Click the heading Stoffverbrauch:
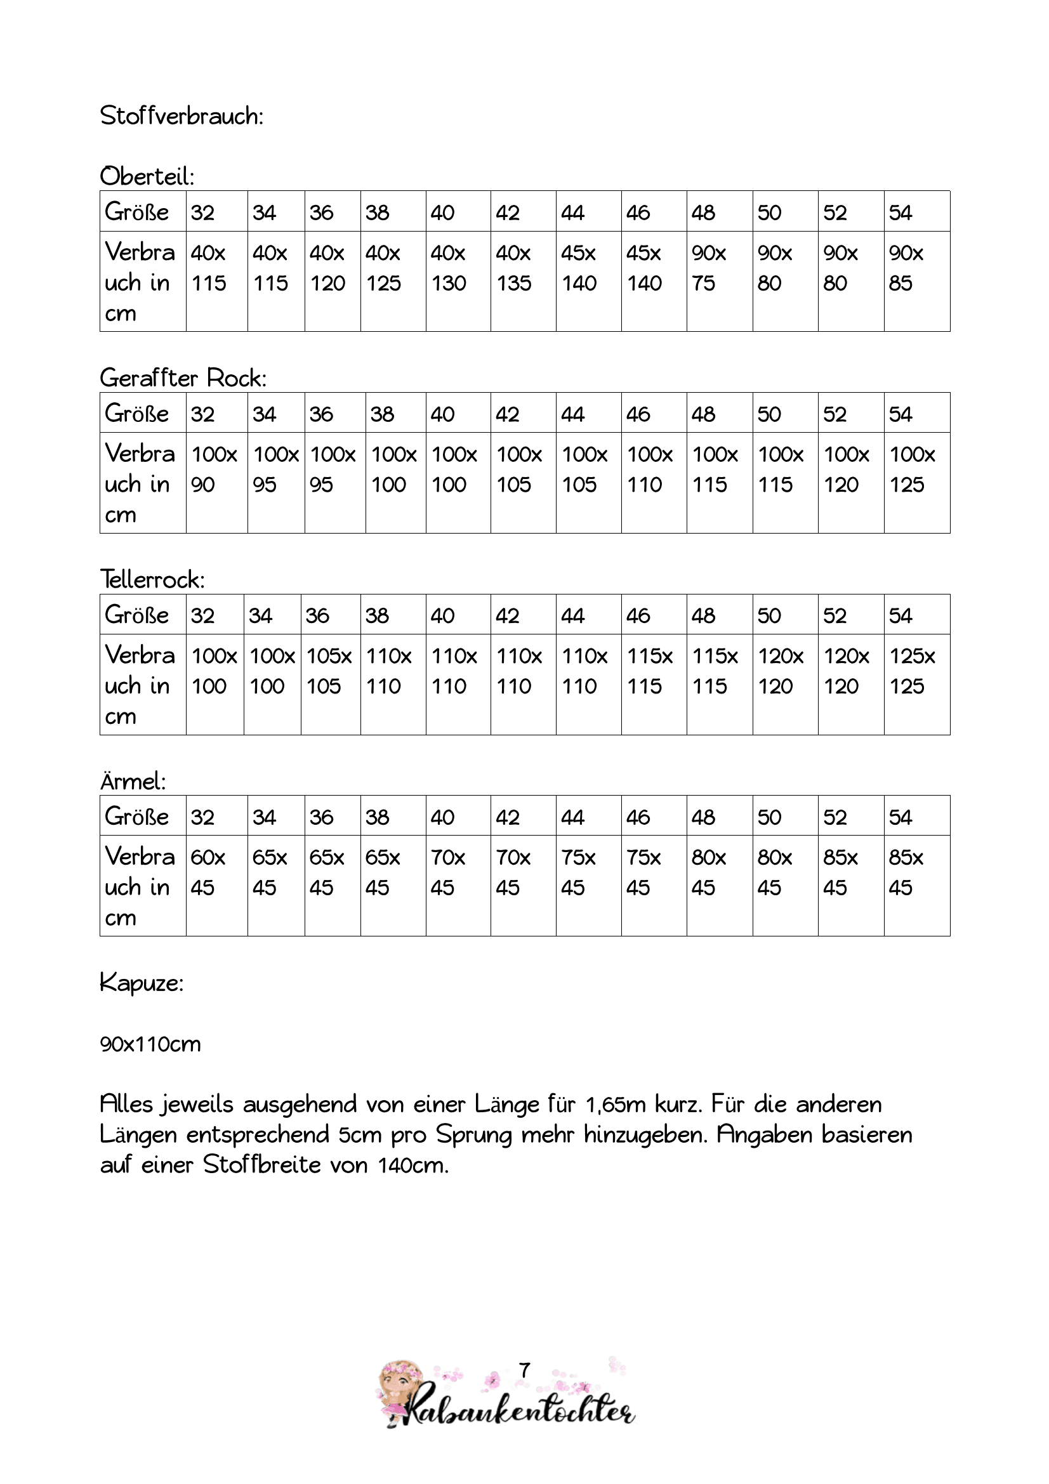coord(181,116)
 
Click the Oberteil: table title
coord(147,176)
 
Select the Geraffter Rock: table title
coord(183,378)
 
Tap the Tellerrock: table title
coord(152,580)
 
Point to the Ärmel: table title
coord(133,782)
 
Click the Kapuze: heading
coord(142,983)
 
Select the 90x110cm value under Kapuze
coord(150,1044)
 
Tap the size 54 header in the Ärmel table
coord(901,818)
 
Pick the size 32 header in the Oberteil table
coord(203,213)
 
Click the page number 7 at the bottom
coord(525,1370)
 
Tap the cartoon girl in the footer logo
coord(400,1389)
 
